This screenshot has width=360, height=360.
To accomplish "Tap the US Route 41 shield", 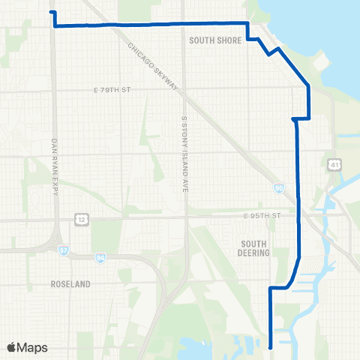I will point(331,163).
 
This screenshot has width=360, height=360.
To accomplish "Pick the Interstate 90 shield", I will point(277,190).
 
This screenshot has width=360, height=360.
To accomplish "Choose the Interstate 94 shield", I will point(100,258).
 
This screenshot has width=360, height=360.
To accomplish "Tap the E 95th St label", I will point(260,216).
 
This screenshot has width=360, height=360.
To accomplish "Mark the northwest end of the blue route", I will point(51,12).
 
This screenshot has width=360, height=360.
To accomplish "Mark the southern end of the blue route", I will point(270,346).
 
